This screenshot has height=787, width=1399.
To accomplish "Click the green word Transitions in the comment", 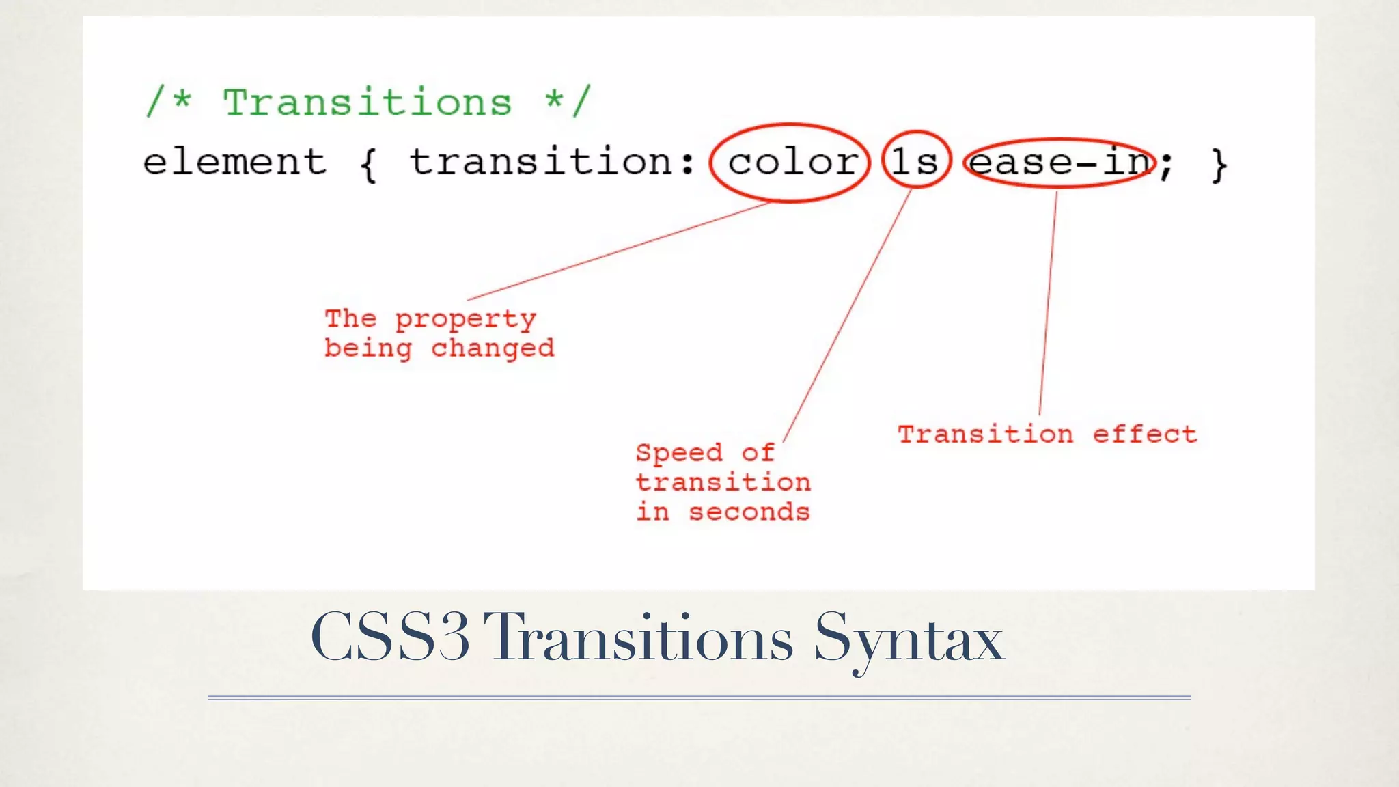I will [367, 103].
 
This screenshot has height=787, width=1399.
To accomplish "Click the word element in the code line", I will [234, 163].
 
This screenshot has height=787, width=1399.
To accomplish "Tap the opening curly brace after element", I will [368, 165].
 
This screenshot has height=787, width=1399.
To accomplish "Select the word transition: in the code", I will [552, 163].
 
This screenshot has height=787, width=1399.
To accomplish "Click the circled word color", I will [791, 163].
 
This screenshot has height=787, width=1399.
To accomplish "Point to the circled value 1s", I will [915, 163].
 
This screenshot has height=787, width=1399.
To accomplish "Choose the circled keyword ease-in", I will [1059, 163].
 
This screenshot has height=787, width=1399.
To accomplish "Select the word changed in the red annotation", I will [492, 349].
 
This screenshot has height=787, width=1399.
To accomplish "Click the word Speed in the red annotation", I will [678, 453].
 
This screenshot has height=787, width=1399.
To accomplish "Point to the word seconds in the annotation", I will [749, 512].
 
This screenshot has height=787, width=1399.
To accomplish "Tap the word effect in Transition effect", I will [1144, 434].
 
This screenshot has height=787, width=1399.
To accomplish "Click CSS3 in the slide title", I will [390, 637].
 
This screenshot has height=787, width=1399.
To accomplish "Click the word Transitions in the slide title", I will [638, 637].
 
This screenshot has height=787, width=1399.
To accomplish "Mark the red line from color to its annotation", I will [618, 251].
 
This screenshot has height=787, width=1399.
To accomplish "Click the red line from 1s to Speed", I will [847, 316].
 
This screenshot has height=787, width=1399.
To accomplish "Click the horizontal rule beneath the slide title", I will [699, 698].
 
